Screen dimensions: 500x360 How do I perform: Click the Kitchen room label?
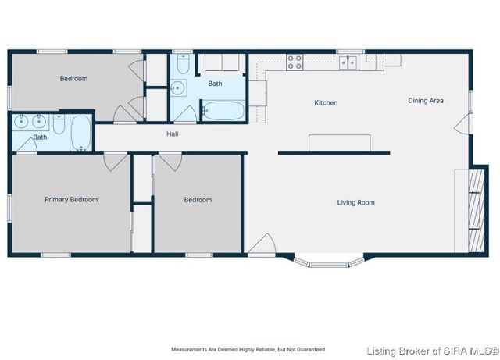tap(326, 102)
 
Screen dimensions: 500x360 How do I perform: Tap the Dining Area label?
tap(426, 101)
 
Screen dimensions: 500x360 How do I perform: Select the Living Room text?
tap(356, 202)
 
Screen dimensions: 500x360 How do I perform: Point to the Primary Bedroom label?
tap(71, 200)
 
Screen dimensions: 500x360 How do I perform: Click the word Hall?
tap(172, 134)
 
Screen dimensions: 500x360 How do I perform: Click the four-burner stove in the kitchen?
tap(295, 62)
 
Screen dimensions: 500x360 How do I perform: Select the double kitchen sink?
tap(348, 62)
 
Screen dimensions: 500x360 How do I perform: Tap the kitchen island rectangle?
tap(340, 143)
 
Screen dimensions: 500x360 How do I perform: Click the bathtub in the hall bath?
tap(224, 111)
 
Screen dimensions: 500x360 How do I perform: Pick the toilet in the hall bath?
tap(183, 64)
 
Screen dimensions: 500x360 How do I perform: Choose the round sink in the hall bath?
tap(177, 87)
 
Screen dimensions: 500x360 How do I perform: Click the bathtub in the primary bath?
tap(81, 133)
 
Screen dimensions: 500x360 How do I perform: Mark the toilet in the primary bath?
tap(59, 124)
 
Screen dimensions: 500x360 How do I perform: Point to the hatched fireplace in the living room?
tap(476, 211)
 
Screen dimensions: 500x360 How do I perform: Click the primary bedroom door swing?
tap(115, 162)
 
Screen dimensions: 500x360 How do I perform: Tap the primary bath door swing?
tap(27, 146)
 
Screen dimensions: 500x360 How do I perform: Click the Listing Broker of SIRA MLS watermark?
tap(433, 351)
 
